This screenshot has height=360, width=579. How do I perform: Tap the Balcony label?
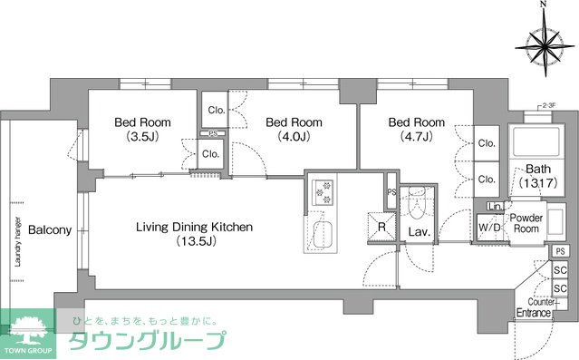pyautogui.click(x=49, y=230)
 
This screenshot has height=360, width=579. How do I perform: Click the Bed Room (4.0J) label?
pyautogui.click(x=294, y=129)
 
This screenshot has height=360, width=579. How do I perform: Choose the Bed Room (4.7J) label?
pyautogui.click(x=416, y=129)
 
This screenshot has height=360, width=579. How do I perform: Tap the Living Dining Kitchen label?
pyautogui.click(x=194, y=234)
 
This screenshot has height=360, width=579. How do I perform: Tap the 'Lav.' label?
pyautogui.click(x=418, y=231)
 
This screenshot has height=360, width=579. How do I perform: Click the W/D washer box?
pyautogui.click(x=489, y=228)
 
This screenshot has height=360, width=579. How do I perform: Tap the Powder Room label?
pyautogui.click(x=526, y=223)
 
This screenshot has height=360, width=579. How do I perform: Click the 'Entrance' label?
pyautogui.click(x=534, y=313)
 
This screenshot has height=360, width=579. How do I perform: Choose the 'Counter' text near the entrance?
pyautogui.click(x=541, y=302)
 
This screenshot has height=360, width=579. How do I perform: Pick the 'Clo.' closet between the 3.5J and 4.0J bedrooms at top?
pyautogui.click(x=216, y=110)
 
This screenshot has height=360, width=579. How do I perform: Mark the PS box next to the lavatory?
pyautogui.click(x=391, y=192)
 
